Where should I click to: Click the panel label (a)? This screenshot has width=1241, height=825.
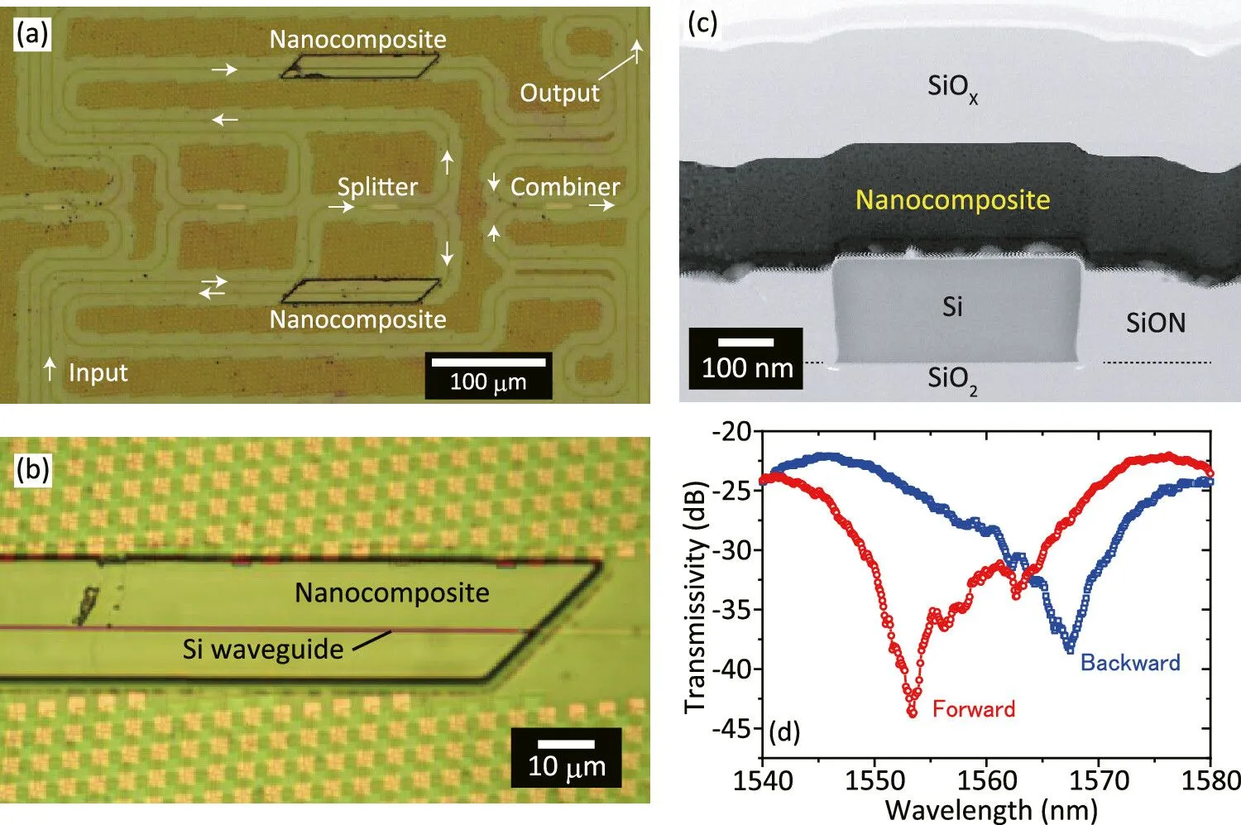tap(32, 35)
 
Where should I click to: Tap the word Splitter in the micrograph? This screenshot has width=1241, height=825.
tap(377, 187)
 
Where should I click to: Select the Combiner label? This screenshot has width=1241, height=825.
tap(564, 187)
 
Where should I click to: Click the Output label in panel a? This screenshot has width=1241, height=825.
tap(559, 93)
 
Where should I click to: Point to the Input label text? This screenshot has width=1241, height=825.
tap(98, 372)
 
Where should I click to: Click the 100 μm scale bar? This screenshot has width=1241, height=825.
tap(488, 362)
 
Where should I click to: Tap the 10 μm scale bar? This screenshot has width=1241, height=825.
tap(566, 744)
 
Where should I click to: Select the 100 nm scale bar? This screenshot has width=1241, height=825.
tap(745, 343)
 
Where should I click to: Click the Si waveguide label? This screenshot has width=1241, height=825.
tap(263, 649)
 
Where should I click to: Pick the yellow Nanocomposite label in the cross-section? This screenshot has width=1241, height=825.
tap(953, 200)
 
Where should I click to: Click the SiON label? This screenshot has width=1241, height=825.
tap(1156, 323)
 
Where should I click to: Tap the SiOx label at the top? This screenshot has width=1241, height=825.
tap(953, 88)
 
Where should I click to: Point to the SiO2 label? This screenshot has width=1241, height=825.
tap(952, 380)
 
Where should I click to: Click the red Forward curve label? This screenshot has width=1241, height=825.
tap(974, 709)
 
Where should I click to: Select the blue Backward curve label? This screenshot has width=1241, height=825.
tap(1130, 663)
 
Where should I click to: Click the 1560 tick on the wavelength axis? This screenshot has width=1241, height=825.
tap(987, 781)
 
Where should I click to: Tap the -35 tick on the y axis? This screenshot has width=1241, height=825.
tap(732, 610)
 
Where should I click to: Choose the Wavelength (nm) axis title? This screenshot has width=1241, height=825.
tap(991, 811)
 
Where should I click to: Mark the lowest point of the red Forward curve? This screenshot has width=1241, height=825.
tap(912, 714)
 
